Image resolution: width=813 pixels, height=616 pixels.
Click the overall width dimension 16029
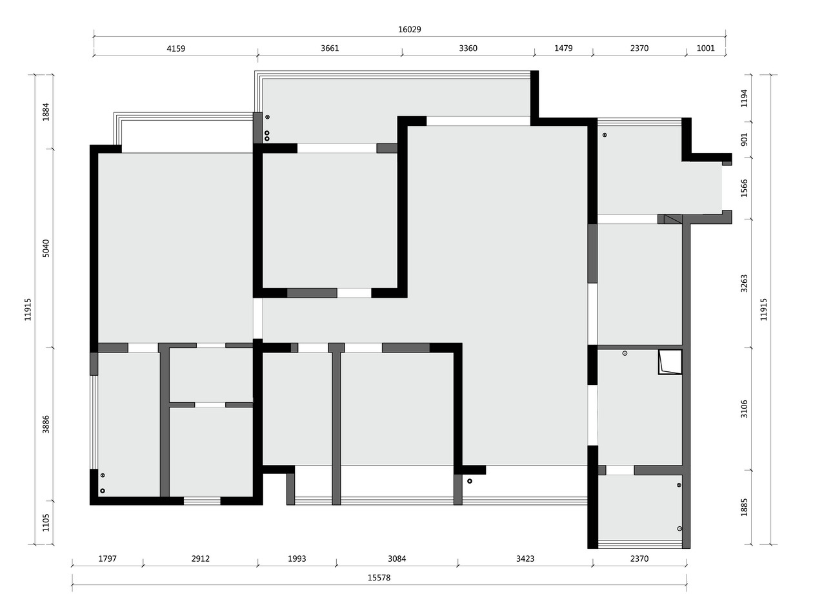409,29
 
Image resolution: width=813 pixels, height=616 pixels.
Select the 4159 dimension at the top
176,48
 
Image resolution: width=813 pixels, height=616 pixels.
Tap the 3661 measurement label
330,48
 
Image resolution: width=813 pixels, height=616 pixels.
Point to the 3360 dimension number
468,48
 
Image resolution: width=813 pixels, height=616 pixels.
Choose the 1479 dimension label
563,48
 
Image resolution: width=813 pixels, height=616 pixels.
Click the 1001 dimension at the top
706,48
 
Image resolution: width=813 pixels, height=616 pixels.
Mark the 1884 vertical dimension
46,112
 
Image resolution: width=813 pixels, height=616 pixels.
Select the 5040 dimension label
46,249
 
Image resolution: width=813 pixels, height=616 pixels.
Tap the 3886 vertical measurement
46,424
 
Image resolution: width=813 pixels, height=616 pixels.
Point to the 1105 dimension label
46,522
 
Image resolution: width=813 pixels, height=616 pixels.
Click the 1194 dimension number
744,98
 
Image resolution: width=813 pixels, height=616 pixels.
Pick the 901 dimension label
744,139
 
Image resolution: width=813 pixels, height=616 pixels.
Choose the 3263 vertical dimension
744,283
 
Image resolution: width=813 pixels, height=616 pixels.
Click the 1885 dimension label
744,508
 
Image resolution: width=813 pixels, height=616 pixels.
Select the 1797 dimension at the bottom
107,559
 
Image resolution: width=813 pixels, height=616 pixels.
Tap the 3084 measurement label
397,559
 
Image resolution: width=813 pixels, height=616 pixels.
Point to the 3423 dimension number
525,559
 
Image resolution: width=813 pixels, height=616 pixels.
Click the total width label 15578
379,578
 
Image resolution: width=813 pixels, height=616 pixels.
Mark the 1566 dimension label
744,189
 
